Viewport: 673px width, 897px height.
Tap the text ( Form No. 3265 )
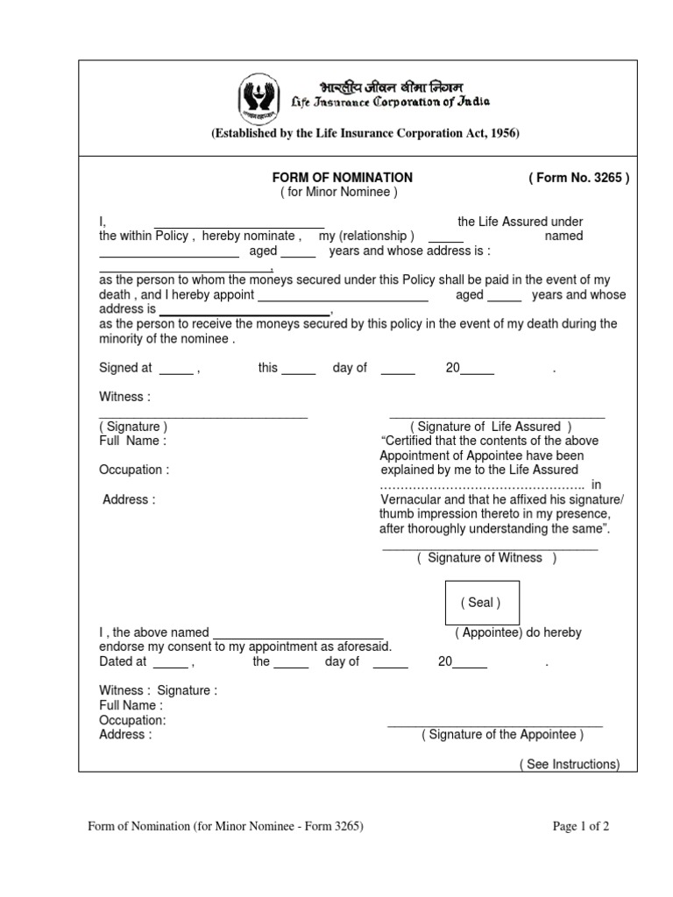(x=578, y=177)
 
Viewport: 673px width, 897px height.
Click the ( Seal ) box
(x=482, y=603)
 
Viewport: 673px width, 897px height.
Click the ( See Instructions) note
(x=569, y=764)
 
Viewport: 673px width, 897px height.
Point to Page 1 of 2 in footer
(x=581, y=826)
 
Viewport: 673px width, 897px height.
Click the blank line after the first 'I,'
(x=239, y=225)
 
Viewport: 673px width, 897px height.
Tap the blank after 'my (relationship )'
(x=446, y=239)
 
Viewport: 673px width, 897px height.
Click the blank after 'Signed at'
(x=175, y=371)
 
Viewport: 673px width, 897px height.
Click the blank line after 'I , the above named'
(x=298, y=636)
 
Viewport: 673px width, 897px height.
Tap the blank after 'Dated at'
(x=170, y=665)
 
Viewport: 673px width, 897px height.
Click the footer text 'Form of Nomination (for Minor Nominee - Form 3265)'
(x=224, y=826)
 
